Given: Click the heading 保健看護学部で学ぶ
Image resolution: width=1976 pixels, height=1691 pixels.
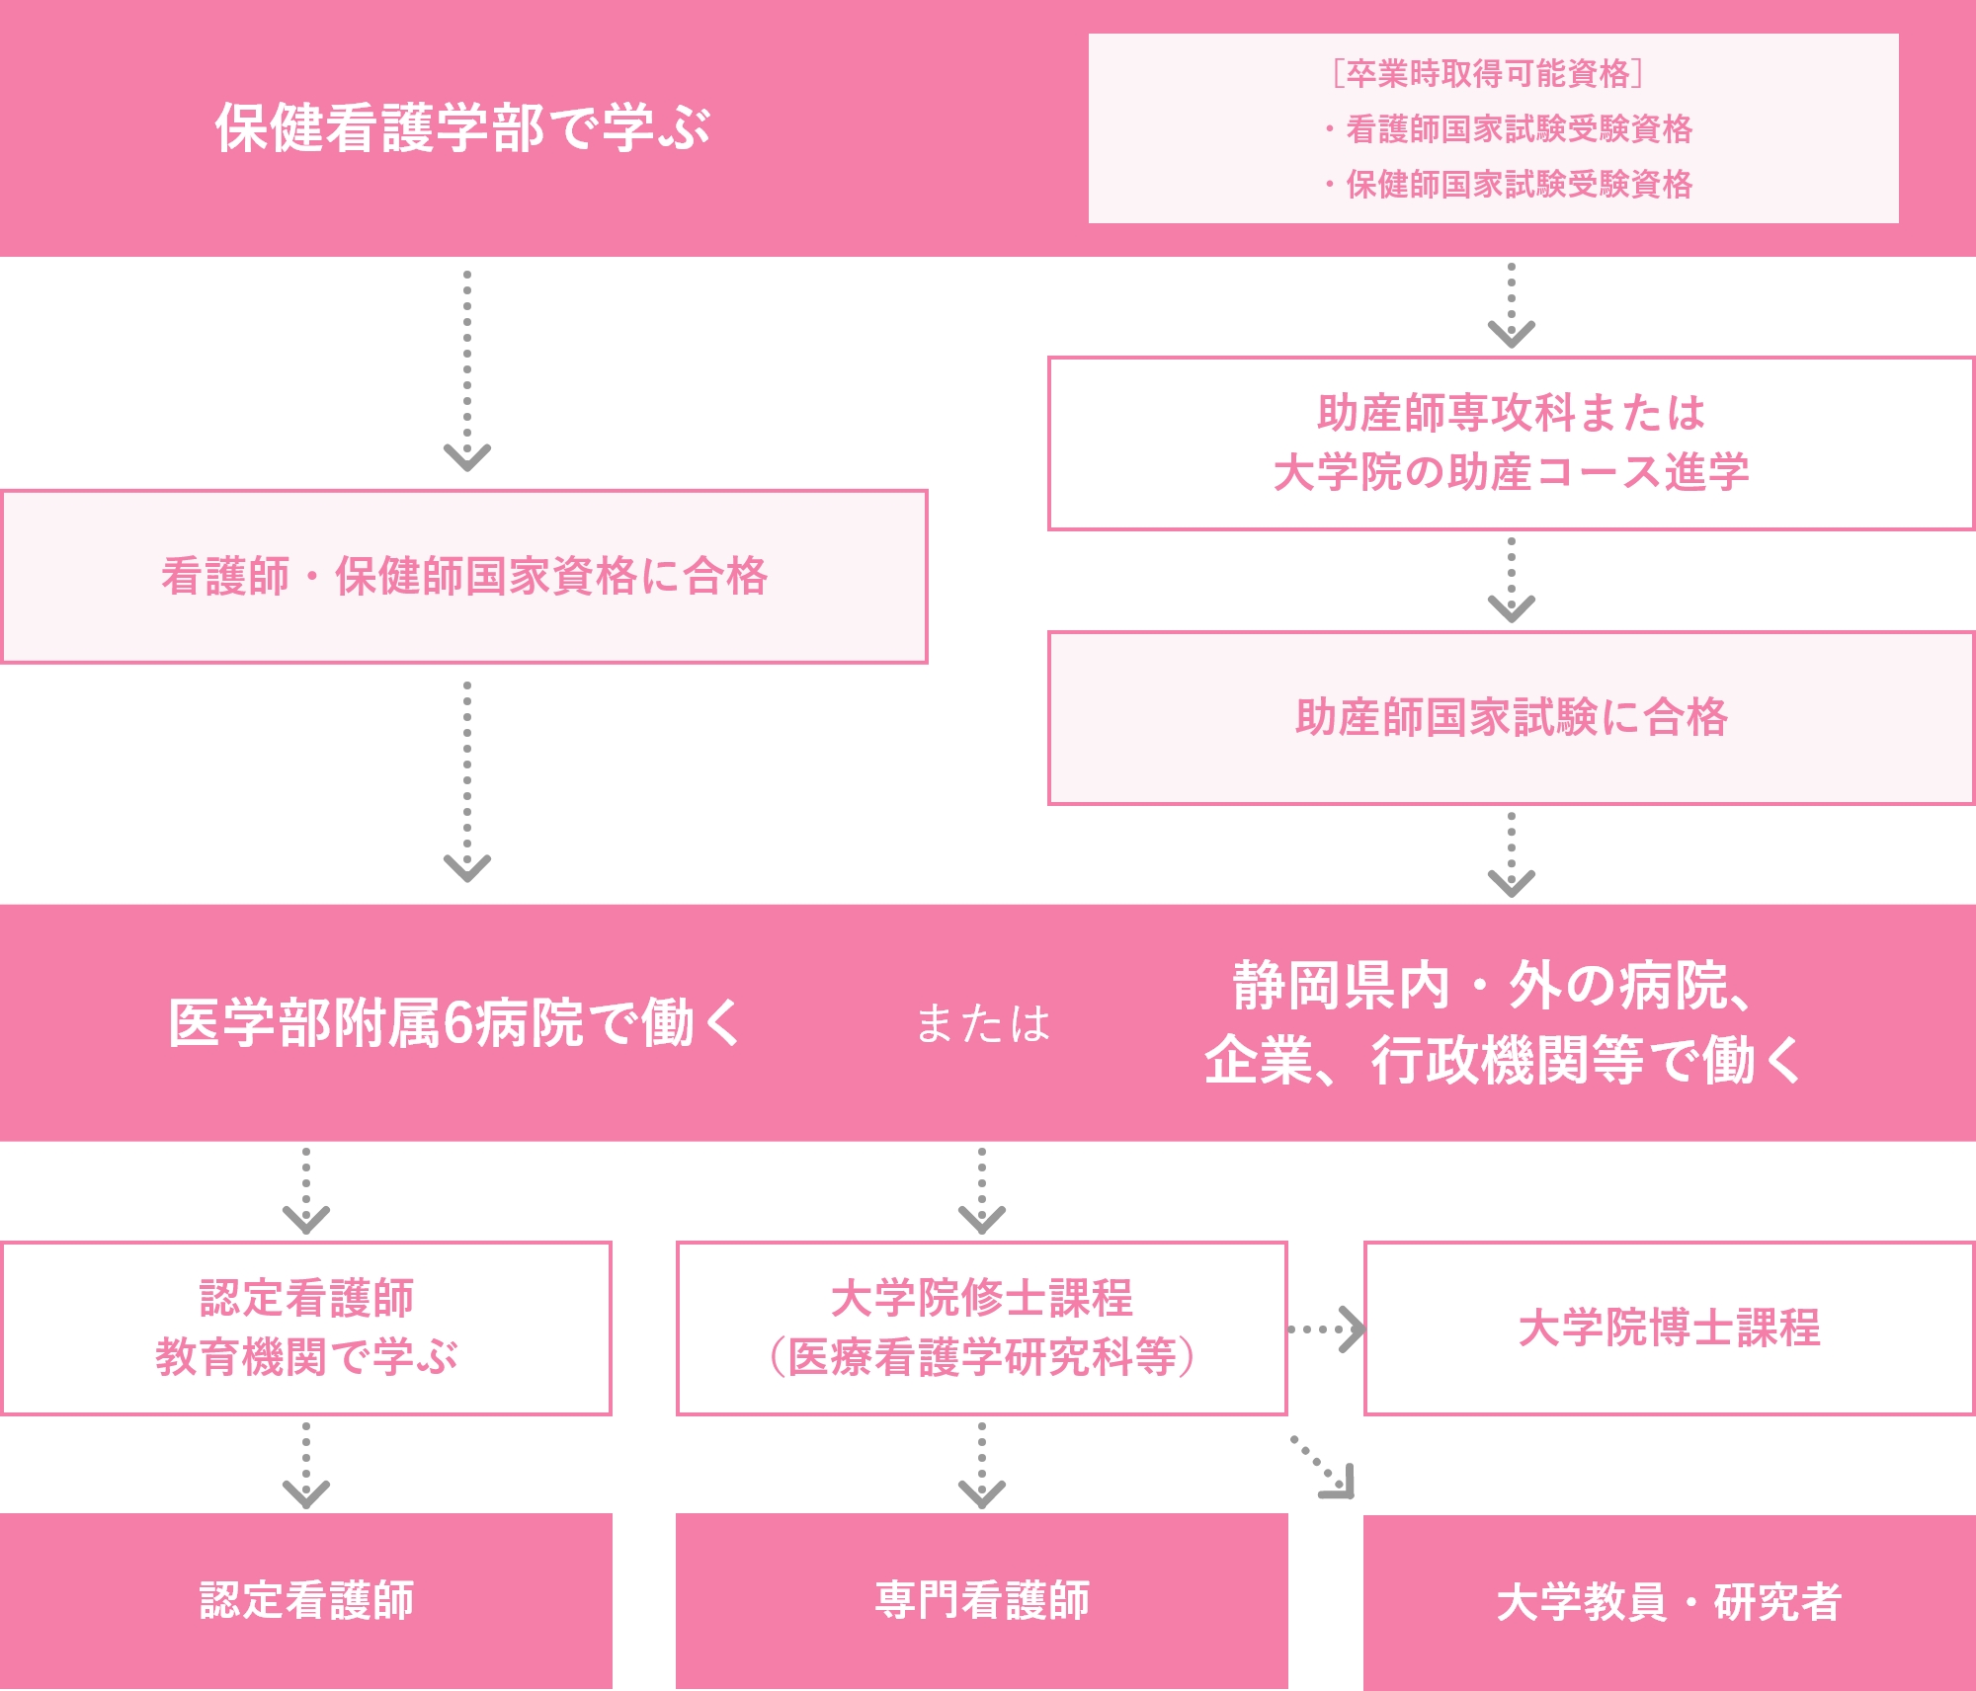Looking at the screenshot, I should pyautogui.click(x=462, y=128).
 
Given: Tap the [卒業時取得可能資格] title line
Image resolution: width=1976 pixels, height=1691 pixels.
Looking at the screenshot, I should pyautogui.click(x=1488, y=73).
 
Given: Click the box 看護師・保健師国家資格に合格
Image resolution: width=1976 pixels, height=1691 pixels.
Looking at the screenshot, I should pyautogui.click(x=464, y=577).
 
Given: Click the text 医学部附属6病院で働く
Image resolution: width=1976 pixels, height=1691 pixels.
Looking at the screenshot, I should pyautogui.click(x=454, y=1023).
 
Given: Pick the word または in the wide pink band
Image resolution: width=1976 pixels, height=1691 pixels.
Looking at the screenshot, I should pyautogui.click(x=982, y=1023).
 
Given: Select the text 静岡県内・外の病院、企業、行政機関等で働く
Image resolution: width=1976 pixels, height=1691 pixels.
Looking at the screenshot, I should pyautogui.click(x=1502, y=1023).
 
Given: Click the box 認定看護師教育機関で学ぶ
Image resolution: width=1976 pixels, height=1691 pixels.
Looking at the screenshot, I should pyautogui.click(x=306, y=1328).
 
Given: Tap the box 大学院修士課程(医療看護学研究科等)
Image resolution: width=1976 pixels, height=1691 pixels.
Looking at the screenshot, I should pyautogui.click(x=981, y=1328).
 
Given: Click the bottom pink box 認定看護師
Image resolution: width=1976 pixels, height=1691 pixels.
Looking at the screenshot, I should pyautogui.click(x=306, y=1600).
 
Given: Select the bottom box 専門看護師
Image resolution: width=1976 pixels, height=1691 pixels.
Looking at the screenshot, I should pyautogui.click(x=981, y=1600).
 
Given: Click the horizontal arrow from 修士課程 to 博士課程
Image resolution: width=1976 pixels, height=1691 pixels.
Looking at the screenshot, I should pyautogui.click(x=1326, y=1329).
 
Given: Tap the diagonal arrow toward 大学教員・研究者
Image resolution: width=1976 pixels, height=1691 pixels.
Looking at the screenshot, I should pyautogui.click(x=1324, y=1468).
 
